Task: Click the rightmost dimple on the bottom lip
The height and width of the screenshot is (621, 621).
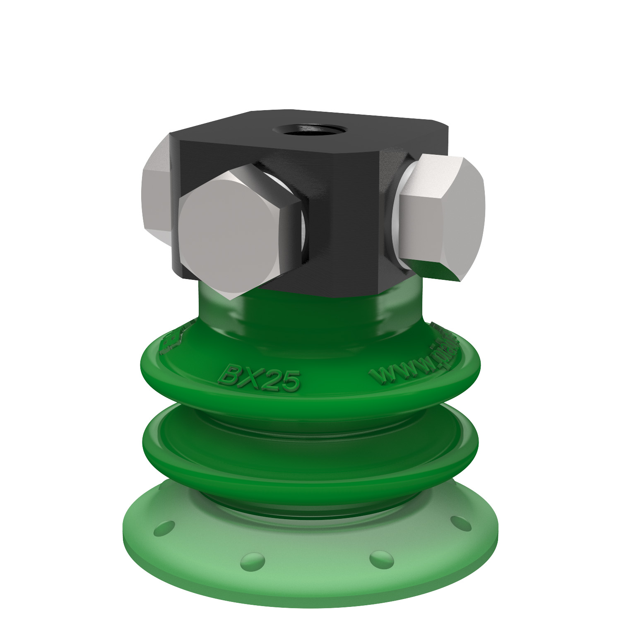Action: [x=460, y=522]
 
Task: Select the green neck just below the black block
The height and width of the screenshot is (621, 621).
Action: [x=310, y=315]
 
